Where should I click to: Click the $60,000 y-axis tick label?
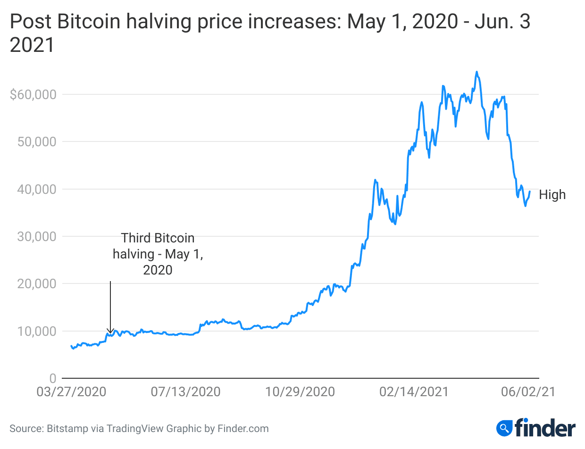pos(33,94)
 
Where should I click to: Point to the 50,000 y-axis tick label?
pos(36,142)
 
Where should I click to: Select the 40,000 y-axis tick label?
pos(36,189)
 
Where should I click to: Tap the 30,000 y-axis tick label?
pos(36,236)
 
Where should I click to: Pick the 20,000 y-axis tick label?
pos(36,284)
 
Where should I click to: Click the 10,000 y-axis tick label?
pos(36,331)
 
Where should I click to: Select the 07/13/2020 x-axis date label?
pos(186,392)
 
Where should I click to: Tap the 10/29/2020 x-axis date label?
pos(300,392)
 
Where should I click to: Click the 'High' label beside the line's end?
pos(552,195)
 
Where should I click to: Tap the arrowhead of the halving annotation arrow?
pos(110,332)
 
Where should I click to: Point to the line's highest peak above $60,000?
pos(476,72)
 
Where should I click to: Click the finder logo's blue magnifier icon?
pos(504,428)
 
